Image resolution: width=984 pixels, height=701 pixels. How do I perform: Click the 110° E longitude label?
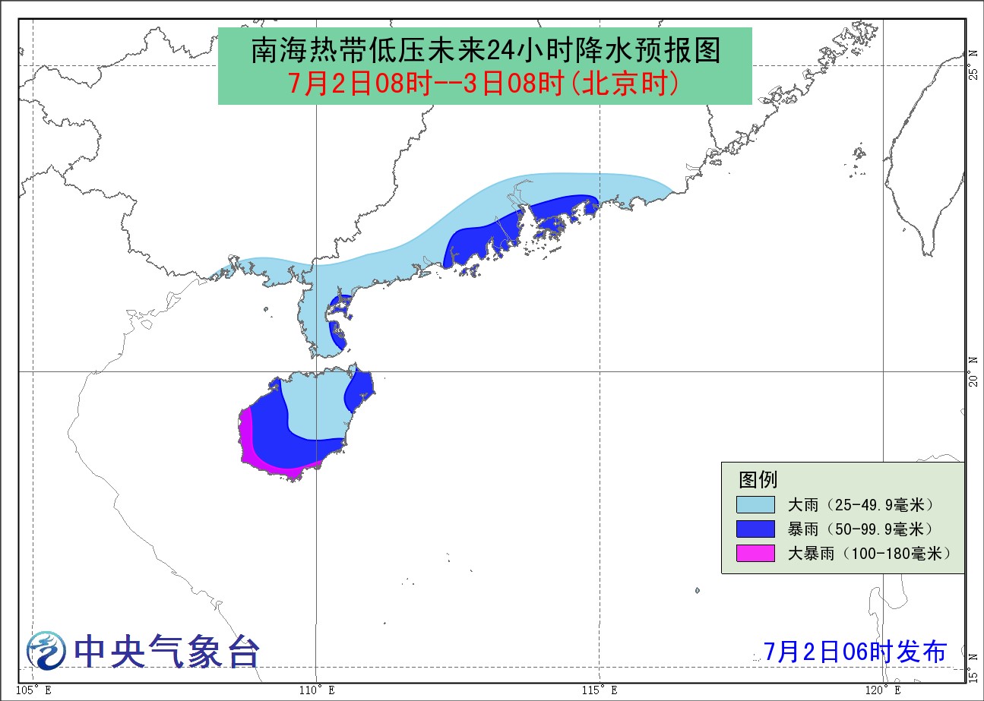click(x=315, y=691)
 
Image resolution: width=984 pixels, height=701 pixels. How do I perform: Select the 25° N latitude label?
click(x=973, y=65)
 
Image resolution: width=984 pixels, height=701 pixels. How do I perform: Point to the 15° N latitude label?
click(x=973, y=665)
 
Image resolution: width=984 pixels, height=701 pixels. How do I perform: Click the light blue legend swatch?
click(x=755, y=505)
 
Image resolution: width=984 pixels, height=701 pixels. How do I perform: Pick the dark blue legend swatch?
click(x=755, y=529)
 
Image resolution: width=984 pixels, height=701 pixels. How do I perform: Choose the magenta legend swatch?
click(x=755, y=553)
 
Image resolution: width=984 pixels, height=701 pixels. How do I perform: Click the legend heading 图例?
click(x=758, y=480)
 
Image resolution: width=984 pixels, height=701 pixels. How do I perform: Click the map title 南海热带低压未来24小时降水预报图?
click(x=485, y=52)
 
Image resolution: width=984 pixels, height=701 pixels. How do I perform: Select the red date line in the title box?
click(x=485, y=84)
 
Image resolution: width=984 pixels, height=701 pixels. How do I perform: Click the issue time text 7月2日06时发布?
click(x=856, y=652)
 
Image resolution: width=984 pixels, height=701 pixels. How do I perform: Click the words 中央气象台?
click(x=167, y=651)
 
